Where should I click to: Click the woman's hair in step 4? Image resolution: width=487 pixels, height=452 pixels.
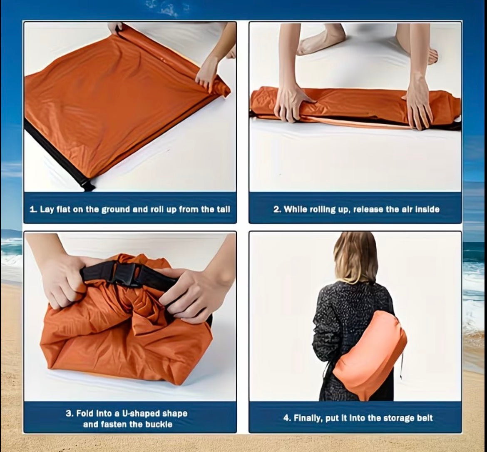tap(356, 258)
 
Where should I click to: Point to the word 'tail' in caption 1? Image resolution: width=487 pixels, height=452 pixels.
tap(223, 209)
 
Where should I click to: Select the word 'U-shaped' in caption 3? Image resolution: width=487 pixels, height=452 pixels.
tap(140, 413)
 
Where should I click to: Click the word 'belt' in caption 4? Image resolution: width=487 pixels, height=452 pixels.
tap(425, 418)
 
